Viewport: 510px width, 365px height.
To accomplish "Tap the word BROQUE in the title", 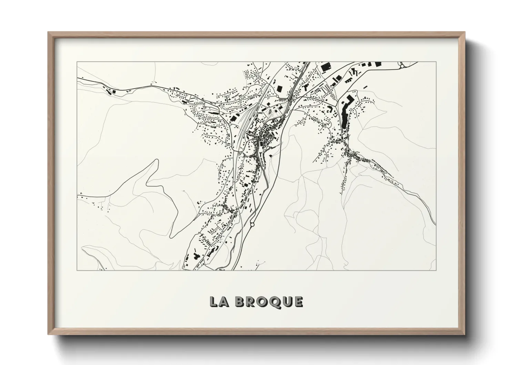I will pyautogui.click(x=269, y=302).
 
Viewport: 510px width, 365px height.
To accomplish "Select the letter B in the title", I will pyautogui.click(x=241, y=302).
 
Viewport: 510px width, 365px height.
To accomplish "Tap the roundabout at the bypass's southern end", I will pyautogui.click(x=252, y=224).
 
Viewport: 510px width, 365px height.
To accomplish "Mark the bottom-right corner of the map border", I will pyautogui.click(x=436, y=270).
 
